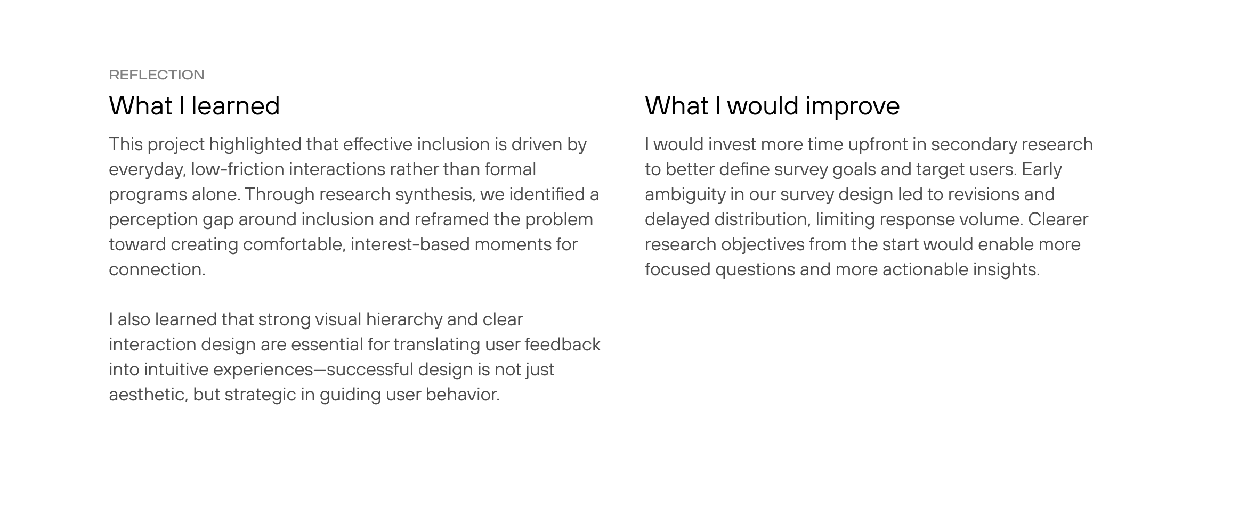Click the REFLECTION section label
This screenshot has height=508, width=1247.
tap(157, 75)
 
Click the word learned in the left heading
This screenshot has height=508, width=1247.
tap(236, 105)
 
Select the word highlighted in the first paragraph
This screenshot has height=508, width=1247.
tap(255, 145)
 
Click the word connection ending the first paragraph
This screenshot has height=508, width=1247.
tap(157, 269)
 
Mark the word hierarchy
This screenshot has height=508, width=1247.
tap(404, 320)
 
